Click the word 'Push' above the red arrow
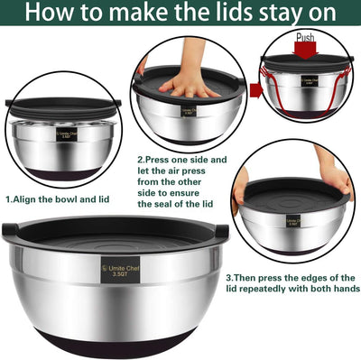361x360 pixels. (x=306, y=38)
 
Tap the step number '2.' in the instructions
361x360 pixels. (x=140, y=157)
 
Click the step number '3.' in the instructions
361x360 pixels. (x=230, y=278)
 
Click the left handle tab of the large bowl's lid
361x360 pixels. (x=10, y=229)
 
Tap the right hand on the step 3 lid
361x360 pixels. (x=337, y=180)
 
